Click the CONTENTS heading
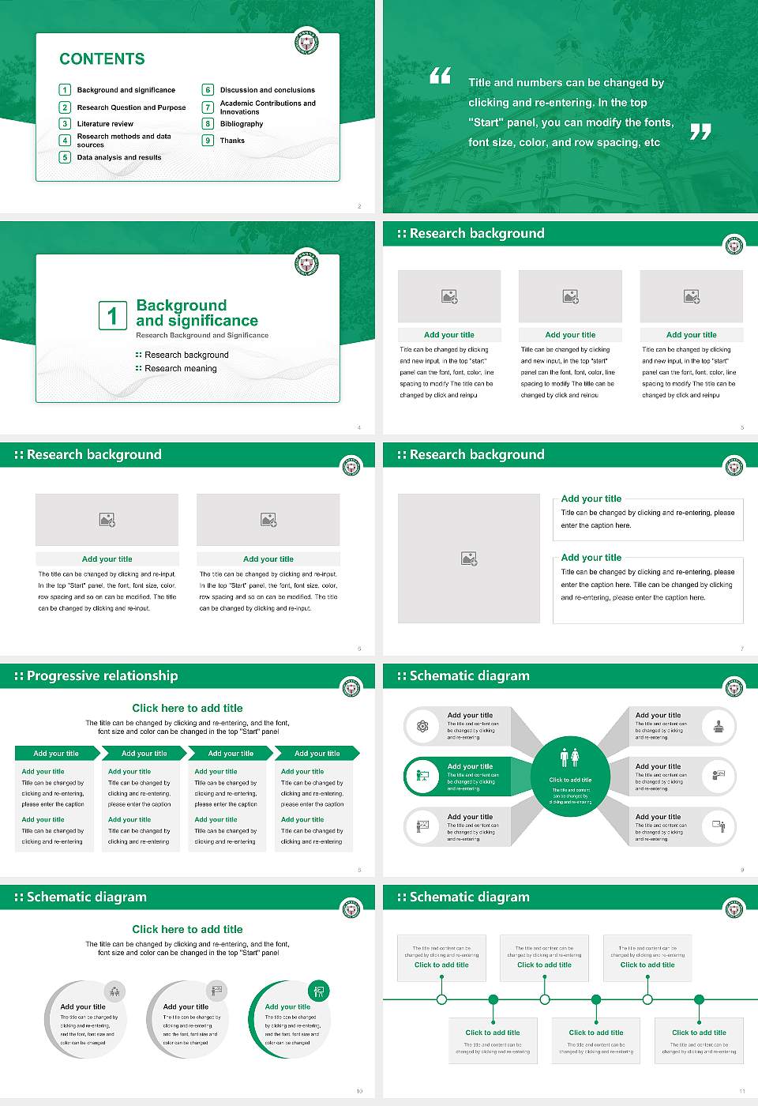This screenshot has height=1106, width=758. coord(102,58)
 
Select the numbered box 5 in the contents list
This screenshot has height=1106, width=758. coord(66,157)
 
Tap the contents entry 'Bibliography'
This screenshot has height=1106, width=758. coord(242,124)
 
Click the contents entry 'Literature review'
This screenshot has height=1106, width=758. coord(105,124)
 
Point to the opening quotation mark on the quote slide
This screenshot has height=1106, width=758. coord(440,76)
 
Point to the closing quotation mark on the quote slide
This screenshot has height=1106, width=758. coord(700,132)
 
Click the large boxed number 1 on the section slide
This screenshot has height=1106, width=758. coord(112,315)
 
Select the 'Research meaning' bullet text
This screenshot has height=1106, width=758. coord(180,368)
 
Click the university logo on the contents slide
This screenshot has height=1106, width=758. coord(306,42)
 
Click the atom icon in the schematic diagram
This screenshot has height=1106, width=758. coord(422,726)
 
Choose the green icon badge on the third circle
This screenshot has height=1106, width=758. coord(319,991)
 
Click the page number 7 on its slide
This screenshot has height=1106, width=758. coord(742,649)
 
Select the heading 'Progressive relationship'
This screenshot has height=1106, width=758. coord(102,675)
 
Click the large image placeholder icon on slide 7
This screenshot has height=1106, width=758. coord(469,559)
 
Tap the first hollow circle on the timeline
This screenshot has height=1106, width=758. coord(441,999)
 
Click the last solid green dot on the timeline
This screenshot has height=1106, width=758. coord(699,999)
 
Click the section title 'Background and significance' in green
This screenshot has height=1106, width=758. coord(197,313)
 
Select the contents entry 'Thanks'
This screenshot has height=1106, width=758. coord(232,141)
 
